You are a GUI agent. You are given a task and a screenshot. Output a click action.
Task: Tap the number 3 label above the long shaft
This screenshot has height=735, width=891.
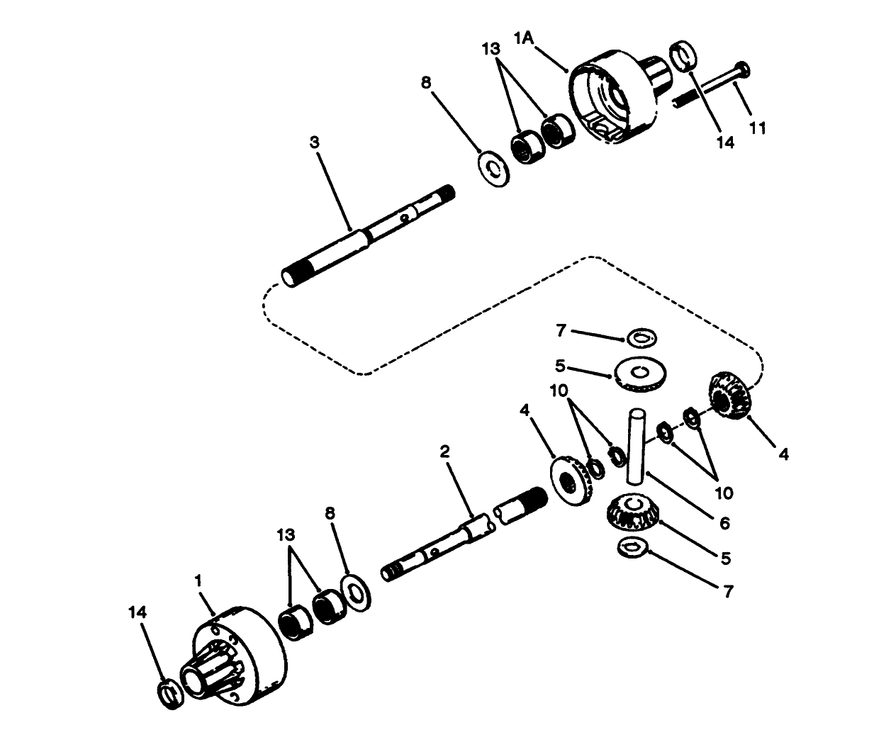tap(314, 142)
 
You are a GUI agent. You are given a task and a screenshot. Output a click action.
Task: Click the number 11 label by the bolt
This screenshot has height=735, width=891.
tap(758, 128)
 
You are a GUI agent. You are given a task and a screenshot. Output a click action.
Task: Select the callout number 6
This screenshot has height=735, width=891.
tap(724, 523)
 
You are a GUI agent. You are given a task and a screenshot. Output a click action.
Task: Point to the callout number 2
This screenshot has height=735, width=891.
tap(444, 451)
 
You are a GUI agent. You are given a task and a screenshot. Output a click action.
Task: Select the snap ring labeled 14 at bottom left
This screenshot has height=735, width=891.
tap(169, 692)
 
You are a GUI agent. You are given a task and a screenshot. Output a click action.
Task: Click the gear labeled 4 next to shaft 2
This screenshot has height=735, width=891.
tap(571, 482)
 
